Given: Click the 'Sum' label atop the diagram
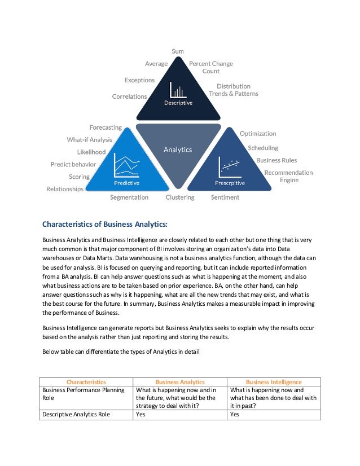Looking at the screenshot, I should point(178,51).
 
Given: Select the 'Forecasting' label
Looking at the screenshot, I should point(106,128).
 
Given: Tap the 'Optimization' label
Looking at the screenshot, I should point(258,134).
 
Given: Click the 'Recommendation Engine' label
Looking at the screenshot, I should point(288,176).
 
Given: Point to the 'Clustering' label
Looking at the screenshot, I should point(180,197).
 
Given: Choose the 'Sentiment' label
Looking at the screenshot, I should point(225,197).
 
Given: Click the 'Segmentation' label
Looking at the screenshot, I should point(129,197).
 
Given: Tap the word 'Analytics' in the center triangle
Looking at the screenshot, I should point(178,150).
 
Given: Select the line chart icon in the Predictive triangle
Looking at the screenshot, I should point(126,166).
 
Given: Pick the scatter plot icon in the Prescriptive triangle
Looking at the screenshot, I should point(230,166).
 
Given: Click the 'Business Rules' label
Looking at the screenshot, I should point(276,160).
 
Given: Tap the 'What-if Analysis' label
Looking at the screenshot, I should point(90,139).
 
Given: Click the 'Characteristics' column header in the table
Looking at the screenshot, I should point(86,382).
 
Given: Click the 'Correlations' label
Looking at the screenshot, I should point(129,96).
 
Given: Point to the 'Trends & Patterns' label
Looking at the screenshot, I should point(234,94).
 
